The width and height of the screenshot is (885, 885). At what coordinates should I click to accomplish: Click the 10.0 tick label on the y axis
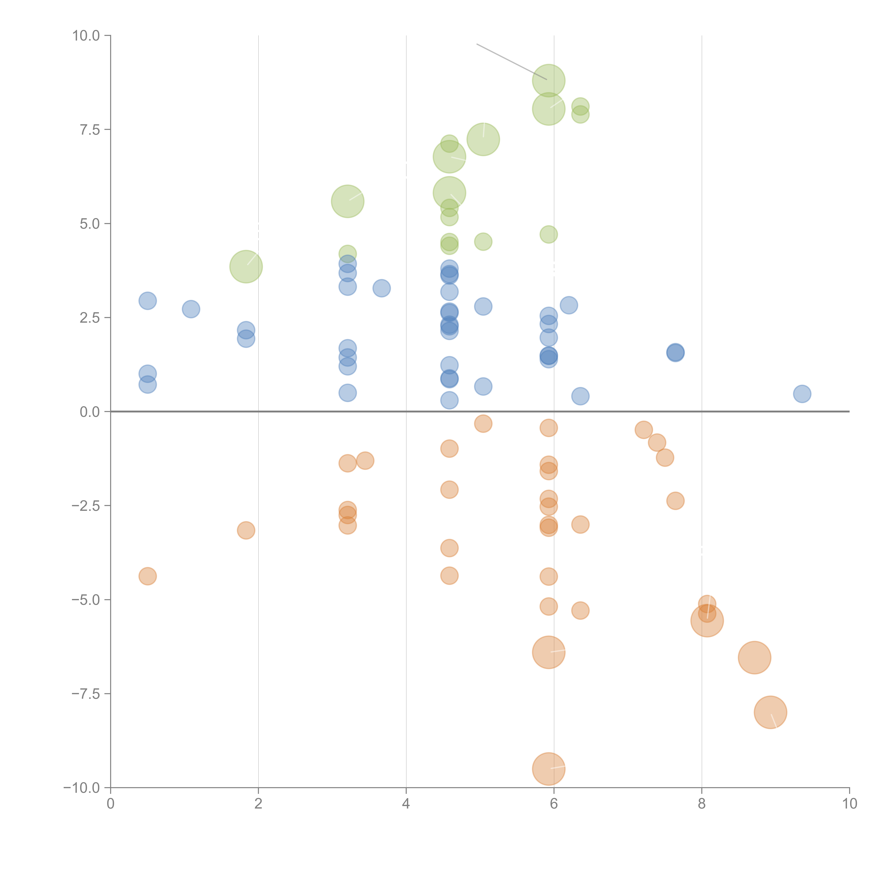[x=86, y=36]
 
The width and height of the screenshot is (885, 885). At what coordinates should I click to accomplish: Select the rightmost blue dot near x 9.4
[x=802, y=393]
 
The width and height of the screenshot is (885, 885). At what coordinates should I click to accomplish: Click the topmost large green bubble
[x=548, y=81]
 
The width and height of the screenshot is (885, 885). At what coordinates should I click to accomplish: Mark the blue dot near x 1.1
[x=191, y=309]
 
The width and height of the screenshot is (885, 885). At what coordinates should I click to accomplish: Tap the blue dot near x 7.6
[x=675, y=352]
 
